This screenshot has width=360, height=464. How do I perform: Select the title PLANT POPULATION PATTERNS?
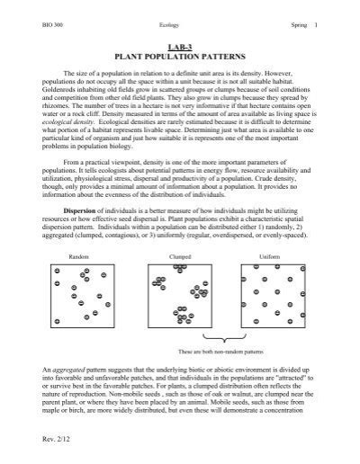pos(180,55)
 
